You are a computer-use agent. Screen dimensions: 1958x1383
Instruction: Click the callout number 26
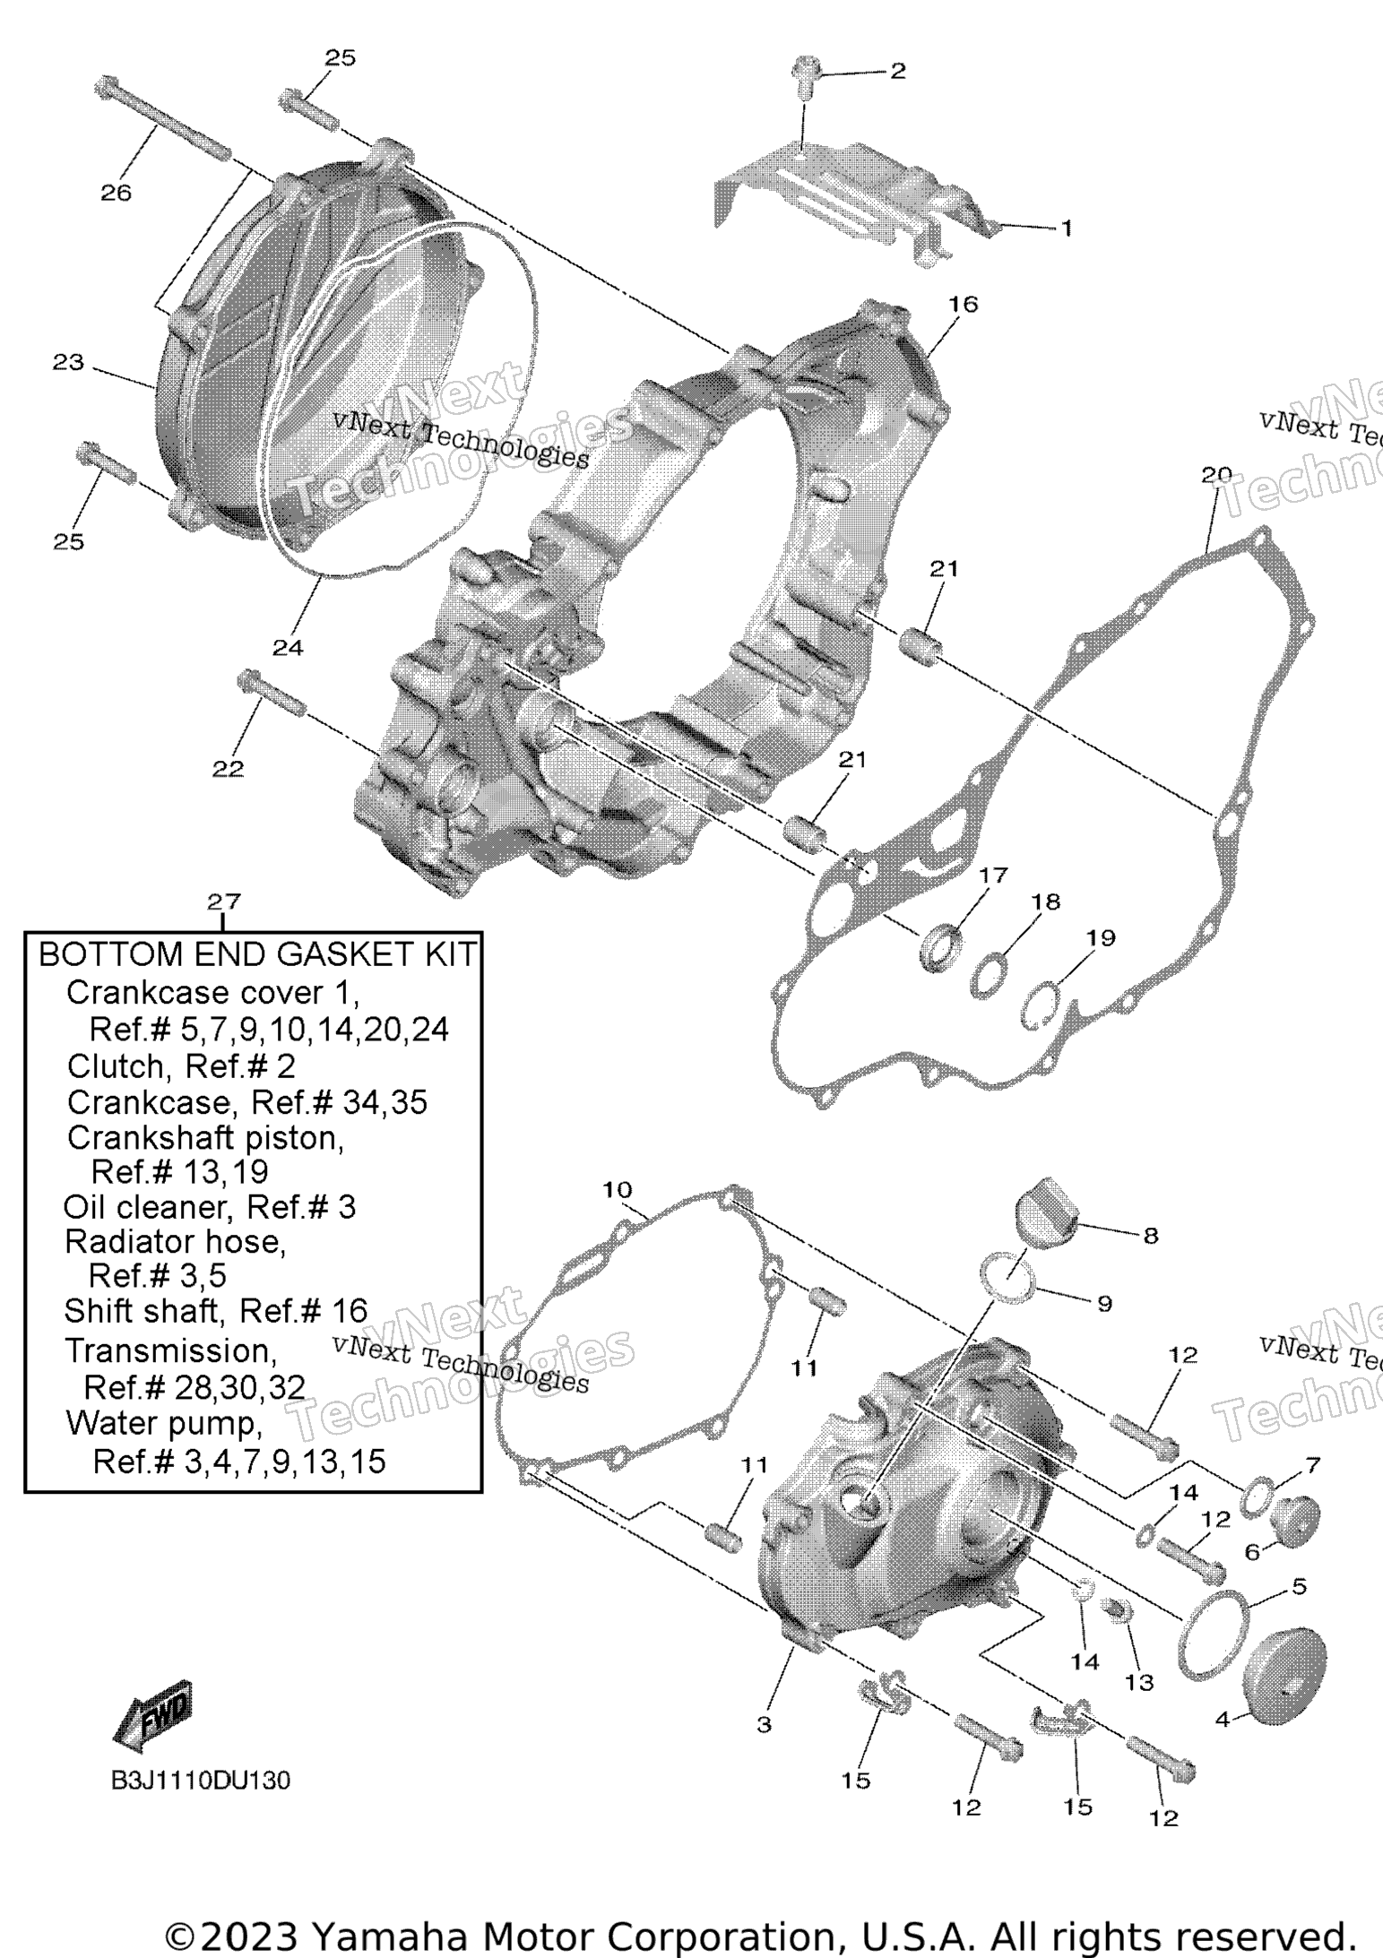[x=116, y=193]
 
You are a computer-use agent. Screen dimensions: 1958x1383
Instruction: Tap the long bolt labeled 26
[x=161, y=120]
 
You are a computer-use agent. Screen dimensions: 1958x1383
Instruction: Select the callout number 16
[x=963, y=304]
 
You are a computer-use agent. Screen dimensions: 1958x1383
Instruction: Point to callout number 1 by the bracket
[x=1066, y=229]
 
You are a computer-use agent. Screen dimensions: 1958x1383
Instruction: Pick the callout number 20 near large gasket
[x=1216, y=474]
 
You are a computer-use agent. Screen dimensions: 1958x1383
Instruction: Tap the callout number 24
[x=288, y=648]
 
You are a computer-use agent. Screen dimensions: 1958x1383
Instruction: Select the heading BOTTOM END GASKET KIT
[x=257, y=955]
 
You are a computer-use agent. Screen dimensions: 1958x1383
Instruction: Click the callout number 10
[x=617, y=1190]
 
